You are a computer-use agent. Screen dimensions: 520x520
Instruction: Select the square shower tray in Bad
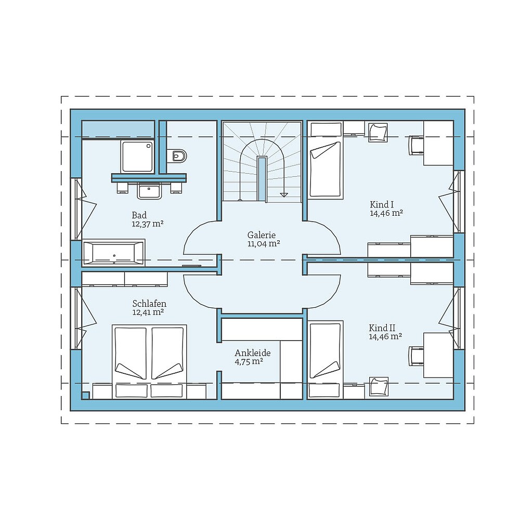click(137, 156)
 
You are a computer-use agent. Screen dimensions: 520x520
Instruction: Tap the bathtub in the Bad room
click(113, 253)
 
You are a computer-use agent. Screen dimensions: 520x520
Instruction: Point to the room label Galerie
click(261, 235)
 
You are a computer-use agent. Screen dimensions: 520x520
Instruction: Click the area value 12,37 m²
click(148, 224)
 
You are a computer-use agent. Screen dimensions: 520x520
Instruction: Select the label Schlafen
click(149, 304)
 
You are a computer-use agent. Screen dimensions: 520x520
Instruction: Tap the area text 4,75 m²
click(248, 361)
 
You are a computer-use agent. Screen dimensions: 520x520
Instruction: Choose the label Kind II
click(382, 328)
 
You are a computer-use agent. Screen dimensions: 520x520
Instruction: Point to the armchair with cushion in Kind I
click(378, 132)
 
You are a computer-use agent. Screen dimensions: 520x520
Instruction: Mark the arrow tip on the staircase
click(283, 195)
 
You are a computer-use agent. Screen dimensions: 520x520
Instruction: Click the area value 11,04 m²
click(264, 243)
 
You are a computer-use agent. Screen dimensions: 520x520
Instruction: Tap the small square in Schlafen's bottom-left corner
click(85, 395)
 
